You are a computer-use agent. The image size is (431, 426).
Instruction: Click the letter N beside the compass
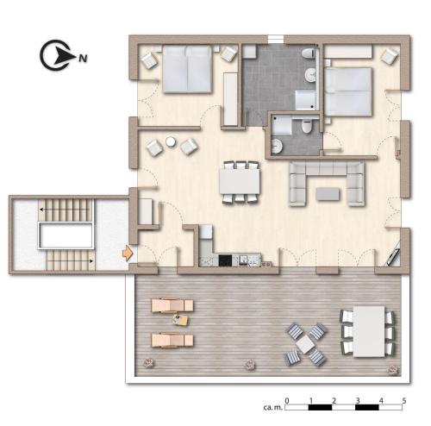83,59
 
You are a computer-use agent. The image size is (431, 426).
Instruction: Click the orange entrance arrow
128,253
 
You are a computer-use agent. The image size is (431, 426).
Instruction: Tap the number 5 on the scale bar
404,400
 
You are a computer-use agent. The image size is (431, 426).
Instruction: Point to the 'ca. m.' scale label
272,407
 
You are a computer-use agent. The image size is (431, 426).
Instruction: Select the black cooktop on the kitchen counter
225,260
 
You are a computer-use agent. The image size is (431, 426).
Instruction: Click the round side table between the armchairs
171,141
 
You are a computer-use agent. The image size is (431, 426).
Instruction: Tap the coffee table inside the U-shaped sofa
328,194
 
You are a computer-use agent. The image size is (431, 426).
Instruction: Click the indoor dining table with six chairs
240,181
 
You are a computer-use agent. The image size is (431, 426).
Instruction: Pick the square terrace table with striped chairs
305,344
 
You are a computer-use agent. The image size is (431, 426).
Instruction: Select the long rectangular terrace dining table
369,332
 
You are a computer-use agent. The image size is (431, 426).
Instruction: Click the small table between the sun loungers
180,320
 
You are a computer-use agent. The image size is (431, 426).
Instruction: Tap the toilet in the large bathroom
309,53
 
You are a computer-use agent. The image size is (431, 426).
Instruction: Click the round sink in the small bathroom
277,146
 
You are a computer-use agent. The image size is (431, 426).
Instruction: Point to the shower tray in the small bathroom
282,124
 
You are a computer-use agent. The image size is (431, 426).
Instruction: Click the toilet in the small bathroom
307,127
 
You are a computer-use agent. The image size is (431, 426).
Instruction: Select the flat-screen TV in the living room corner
392,256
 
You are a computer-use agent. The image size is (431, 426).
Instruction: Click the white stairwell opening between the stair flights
66,236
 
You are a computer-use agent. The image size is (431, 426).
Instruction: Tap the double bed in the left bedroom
187,69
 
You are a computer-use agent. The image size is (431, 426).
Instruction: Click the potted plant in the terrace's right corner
393,370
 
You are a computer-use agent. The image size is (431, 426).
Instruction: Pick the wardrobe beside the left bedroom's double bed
230,99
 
